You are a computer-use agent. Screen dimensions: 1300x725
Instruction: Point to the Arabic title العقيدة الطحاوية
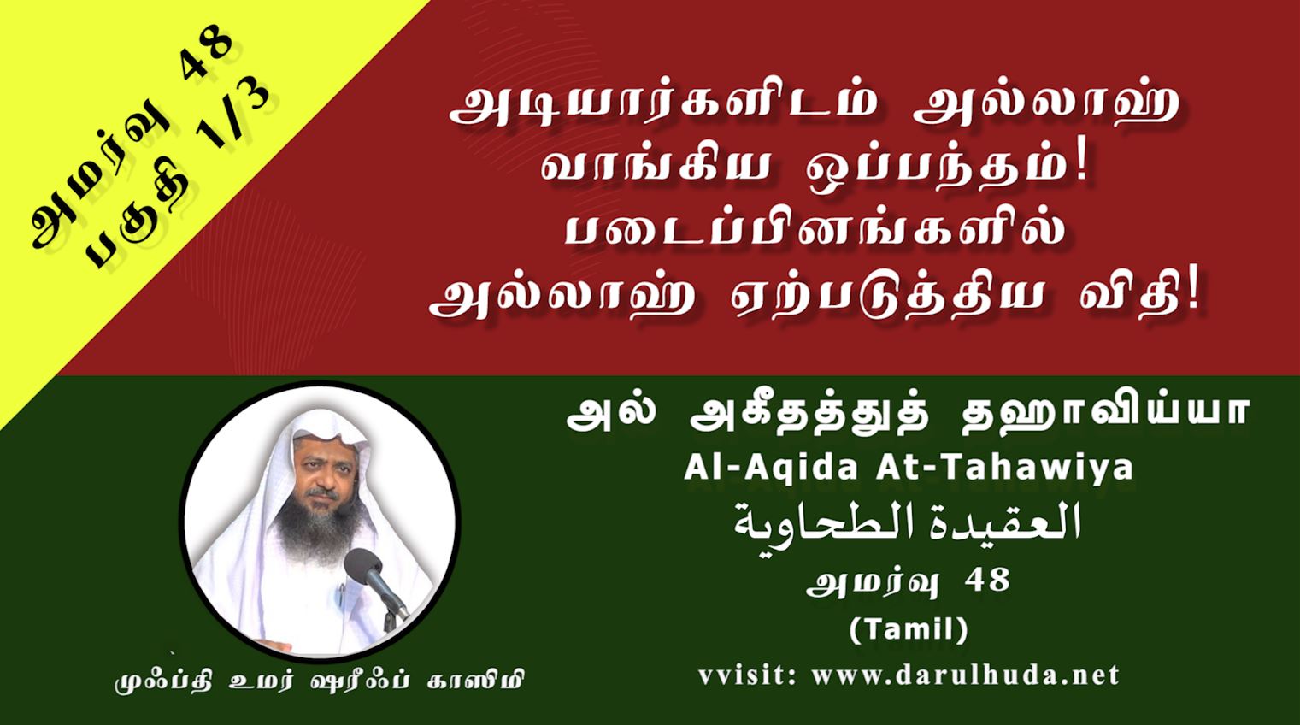point(909,523)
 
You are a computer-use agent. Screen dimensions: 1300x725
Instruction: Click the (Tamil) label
point(909,630)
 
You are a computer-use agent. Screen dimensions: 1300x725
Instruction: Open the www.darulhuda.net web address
point(966,675)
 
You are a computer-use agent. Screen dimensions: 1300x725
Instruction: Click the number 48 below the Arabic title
point(990,581)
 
